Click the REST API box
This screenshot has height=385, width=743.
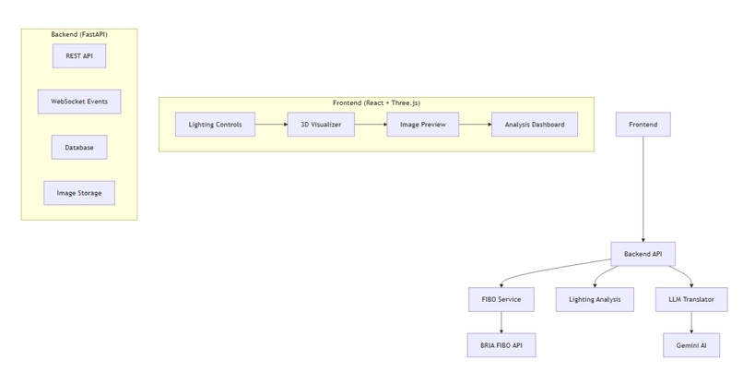(x=78, y=56)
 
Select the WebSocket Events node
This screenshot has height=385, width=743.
(x=78, y=102)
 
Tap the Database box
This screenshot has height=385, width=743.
(x=78, y=147)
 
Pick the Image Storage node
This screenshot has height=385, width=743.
(x=78, y=193)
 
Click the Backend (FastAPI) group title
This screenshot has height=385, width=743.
(x=78, y=34)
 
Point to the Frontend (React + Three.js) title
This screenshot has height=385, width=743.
(x=376, y=102)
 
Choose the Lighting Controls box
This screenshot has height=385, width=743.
(x=215, y=125)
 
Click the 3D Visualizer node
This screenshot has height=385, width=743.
(x=320, y=125)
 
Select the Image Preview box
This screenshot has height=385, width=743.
(x=422, y=125)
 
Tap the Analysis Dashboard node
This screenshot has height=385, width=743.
(x=535, y=125)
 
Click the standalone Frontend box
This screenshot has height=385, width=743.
(x=643, y=125)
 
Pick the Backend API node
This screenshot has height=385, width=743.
(x=643, y=254)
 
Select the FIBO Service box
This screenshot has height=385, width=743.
(x=501, y=299)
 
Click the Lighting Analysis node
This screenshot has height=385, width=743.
(x=595, y=299)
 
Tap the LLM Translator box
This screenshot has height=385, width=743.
(x=691, y=299)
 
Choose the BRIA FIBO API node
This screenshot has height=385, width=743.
(x=501, y=345)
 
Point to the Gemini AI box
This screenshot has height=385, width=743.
(x=691, y=345)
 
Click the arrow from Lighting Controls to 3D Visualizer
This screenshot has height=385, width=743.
(x=270, y=125)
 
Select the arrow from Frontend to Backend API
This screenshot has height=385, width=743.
(x=643, y=189)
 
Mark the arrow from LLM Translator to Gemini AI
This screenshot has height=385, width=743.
(x=691, y=322)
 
